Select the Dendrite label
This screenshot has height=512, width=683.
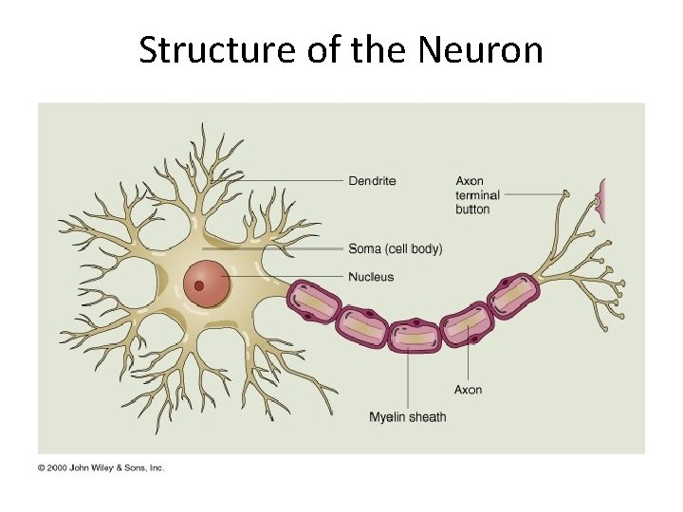(372, 180)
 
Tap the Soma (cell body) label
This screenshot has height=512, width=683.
(395, 249)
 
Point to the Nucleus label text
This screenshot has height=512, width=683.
(371, 277)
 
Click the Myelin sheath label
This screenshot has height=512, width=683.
(407, 417)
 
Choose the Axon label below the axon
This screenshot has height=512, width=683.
(468, 390)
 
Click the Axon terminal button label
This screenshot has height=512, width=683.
(477, 194)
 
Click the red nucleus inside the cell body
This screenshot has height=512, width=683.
(208, 282)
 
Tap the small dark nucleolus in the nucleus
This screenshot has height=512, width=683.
(199, 285)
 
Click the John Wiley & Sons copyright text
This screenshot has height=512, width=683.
(102, 467)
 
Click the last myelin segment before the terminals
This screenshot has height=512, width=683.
(512, 296)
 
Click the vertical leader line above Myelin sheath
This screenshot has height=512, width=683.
(408, 379)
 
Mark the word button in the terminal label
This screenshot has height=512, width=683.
(472, 209)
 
